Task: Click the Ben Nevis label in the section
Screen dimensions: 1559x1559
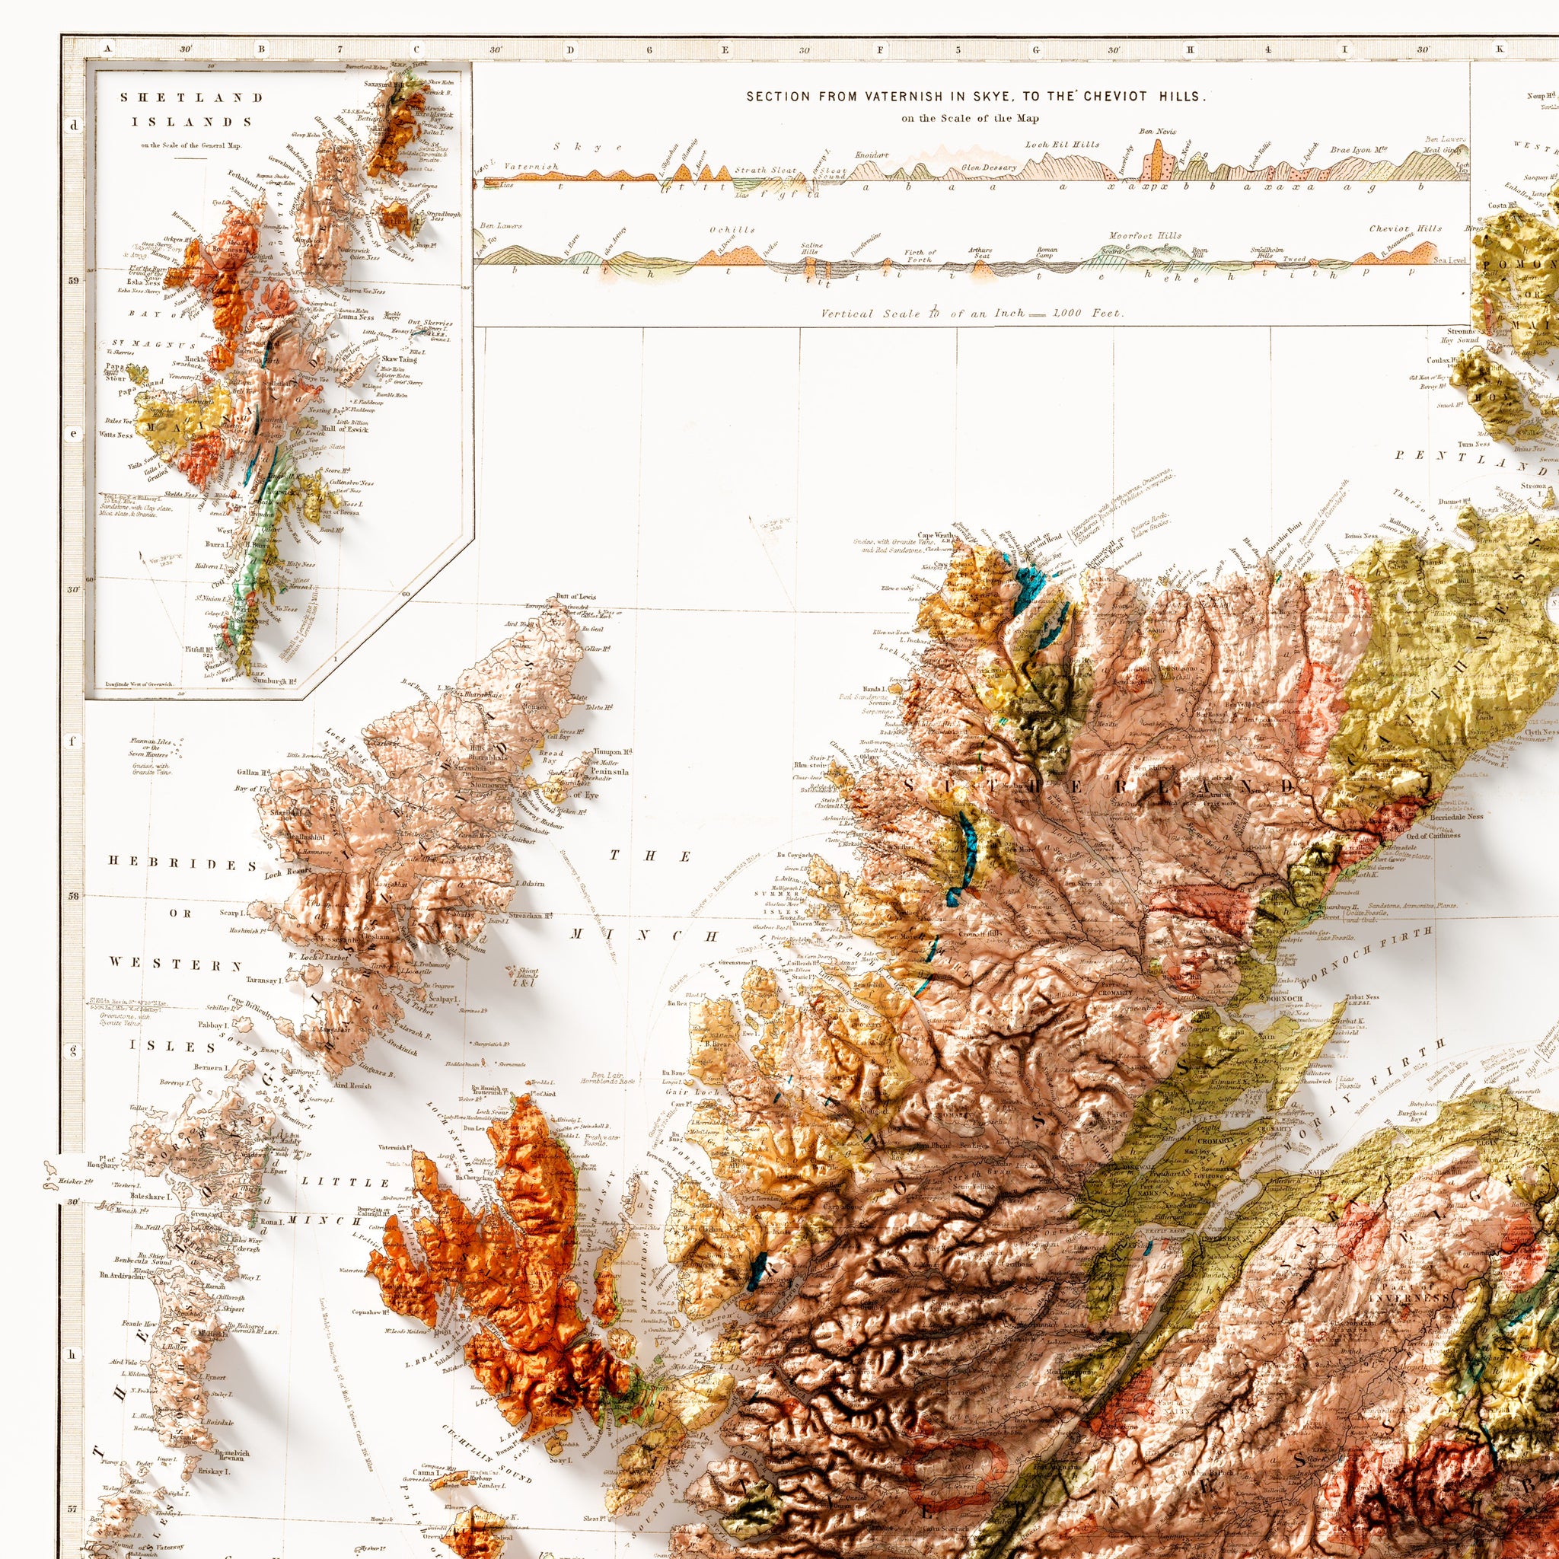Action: (1157, 131)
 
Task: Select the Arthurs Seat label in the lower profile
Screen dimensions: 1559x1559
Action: (981, 253)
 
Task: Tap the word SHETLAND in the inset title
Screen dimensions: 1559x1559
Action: (191, 97)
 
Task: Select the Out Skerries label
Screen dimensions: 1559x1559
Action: (430, 323)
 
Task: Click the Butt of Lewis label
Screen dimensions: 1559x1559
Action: (575, 596)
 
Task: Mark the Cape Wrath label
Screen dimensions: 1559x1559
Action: (936, 534)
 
